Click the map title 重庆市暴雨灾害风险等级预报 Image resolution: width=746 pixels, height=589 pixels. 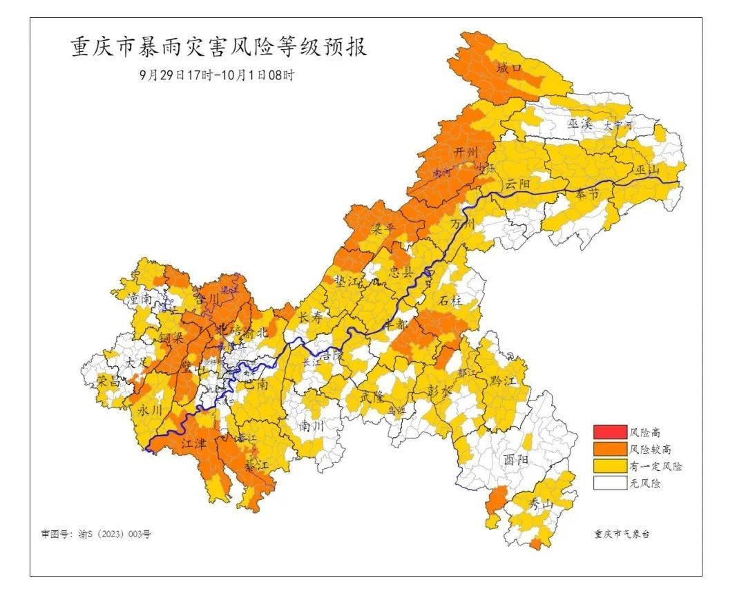pyautogui.click(x=219, y=48)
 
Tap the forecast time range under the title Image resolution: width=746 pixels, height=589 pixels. pyautogui.click(x=216, y=75)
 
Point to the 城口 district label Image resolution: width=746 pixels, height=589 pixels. pyautogui.click(x=510, y=68)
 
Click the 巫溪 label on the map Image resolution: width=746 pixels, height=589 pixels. pyautogui.click(x=581, y=124)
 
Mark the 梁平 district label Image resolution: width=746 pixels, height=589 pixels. pyautogui.click(x=385, y=228)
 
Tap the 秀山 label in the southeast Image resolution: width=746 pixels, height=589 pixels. pyautogui.click(x=541, y=504)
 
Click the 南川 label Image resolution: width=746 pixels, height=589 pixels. pyautogui.click(x=312, y=426)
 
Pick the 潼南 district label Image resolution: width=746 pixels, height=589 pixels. pyautogui.click(x=140, y=299)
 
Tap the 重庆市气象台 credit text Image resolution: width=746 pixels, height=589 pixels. pyautogui.click(x=622, y=534)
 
